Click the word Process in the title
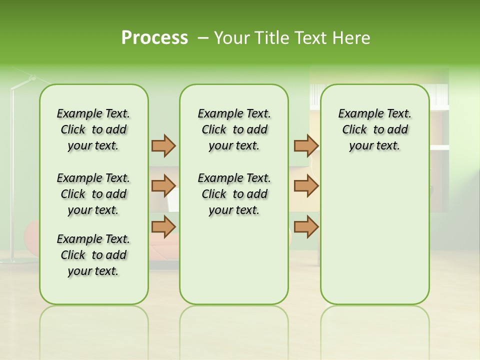tap(154, 38)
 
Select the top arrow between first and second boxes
tap(163, 145)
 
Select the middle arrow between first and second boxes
tap(163, 186)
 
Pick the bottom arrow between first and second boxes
tap(163, 226)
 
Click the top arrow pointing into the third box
tap(306, 145)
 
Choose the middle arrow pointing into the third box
tap(306, 186)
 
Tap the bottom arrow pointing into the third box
tap(306, 226)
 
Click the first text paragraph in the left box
tap(93, 129)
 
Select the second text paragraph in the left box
tap(93, 194)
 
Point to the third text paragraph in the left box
tap(93, 255)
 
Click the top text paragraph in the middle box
tap(234, 129)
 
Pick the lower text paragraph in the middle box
tap(234, 194)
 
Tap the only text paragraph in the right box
tap(374, 129)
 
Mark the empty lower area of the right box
tap(374, 235)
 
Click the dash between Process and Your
tap(202, 38)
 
